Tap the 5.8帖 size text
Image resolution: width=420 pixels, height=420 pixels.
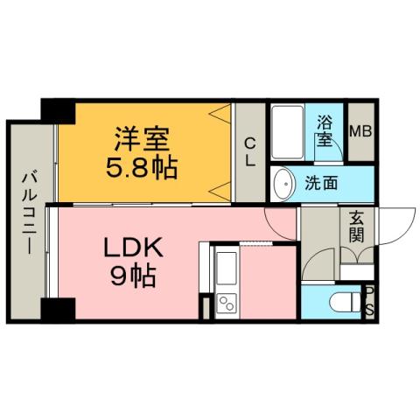143,166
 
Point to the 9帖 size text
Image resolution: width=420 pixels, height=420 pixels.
133,277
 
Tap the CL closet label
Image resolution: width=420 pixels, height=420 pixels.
250,152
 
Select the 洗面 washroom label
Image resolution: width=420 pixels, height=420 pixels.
321,184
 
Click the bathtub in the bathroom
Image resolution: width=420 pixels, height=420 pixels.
287,132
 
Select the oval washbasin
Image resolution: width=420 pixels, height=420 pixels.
283,184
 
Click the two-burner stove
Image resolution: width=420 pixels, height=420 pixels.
226,305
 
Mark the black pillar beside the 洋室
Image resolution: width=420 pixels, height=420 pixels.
59,111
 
